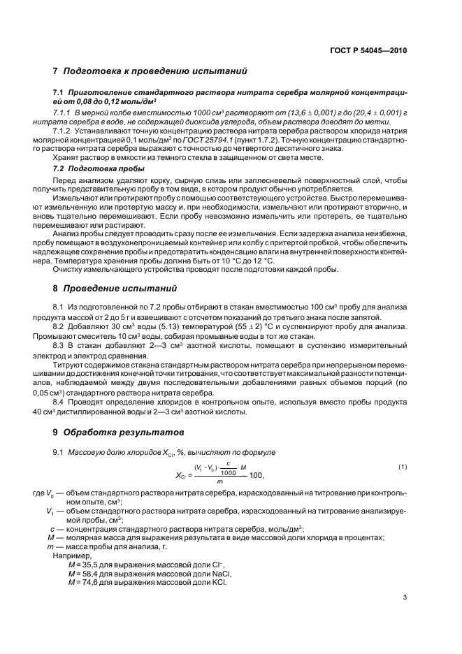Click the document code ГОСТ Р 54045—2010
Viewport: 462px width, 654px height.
[x=368, y=50]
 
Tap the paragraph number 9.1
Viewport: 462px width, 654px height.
[x=59, y=453]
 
